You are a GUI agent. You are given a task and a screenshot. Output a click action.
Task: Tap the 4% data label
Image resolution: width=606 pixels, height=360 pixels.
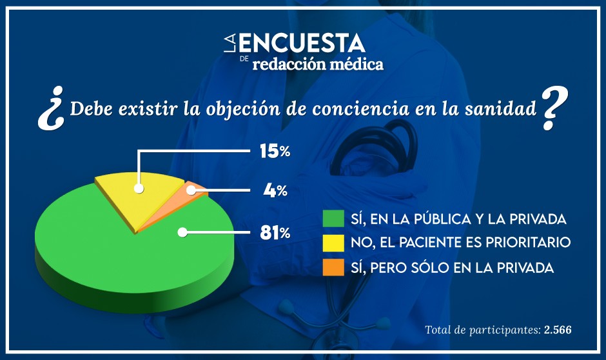click(275, 191)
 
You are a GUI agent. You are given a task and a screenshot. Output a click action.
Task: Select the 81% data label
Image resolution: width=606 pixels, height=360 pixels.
click(275, 233)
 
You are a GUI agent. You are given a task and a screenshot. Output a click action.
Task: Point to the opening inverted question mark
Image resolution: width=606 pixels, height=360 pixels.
click(49, 114)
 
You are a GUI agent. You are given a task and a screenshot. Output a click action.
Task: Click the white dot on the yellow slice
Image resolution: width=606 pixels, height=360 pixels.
click(139, 188)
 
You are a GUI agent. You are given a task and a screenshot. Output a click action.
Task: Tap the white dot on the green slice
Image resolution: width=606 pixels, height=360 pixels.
click(183, 232)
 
